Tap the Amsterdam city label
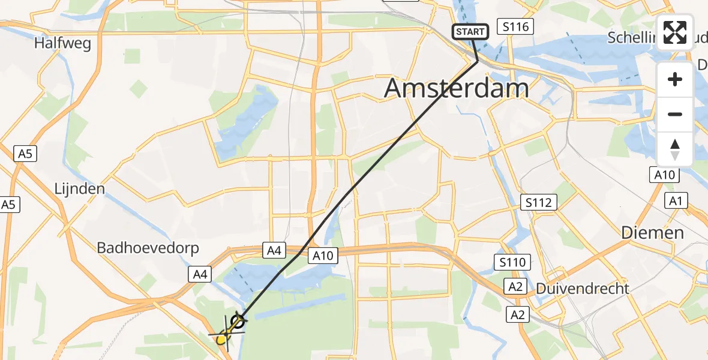pyautogui.click(x=456, y=88)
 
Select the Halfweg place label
pyautogui.click(x=62, y=43)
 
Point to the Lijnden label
pyautogui.click(x=79, y=188)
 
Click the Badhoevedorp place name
pyautogui.click(x=148, y=248)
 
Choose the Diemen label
pyautogui.click(x=652, y=233)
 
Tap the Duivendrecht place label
pyautogui.click(x=582, y=289)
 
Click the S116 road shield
pyautogui.click(x=516, y=26)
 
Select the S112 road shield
pyautogui.click(x=538, y=202)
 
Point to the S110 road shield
pyautogui.click(x=512, y=262)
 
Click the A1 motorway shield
pyautogui.click(x=676, y=202)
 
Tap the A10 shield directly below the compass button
pyautogui.click(x=665, y=175)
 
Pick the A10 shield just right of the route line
pyautogui.click(x=323, y=256)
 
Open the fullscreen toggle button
pyautogui.click(x=675, y=32)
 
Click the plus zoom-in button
pyautogui.click(x=675, y=79)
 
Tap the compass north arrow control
pyautogui.click(x=675, y=149)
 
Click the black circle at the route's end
pyautogui.click(x=238, y=322)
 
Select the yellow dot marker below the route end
pyautogui.click(x=221, y=340)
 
